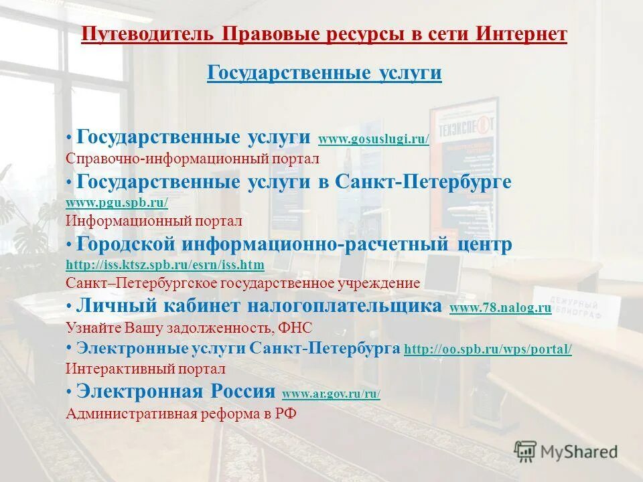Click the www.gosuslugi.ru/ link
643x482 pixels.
373,139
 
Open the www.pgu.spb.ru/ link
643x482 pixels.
117,202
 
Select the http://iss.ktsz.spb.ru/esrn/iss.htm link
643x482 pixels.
165,265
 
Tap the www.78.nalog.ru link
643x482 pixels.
500,308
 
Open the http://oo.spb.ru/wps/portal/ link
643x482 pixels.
488,349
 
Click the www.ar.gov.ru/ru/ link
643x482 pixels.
331,394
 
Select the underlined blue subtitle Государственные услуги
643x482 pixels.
324,73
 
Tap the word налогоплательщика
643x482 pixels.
345,307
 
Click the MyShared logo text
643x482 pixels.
579,452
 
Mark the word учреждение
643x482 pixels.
384,283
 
